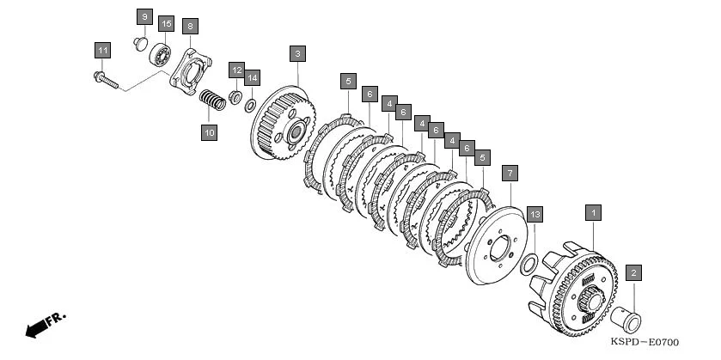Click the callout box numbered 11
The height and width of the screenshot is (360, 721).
[102, 50]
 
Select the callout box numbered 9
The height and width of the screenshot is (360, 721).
[144, 17]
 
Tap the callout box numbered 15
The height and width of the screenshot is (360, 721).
[166, 23]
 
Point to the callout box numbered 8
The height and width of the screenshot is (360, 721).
[190, 27]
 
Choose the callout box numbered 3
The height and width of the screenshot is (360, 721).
[297, 54]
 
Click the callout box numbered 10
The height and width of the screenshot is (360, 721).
[209, 133]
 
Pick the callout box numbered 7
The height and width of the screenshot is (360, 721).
[510, 174]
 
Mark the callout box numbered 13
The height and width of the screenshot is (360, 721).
[535, 214]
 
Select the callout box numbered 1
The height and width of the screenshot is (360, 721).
[593, 213]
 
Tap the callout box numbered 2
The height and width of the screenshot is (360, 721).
[633, 273]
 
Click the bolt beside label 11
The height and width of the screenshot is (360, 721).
[107, 81]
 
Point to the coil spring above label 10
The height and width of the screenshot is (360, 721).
[212, 100]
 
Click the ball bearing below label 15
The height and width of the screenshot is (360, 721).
[161, 55]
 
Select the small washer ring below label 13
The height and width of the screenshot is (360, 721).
[529, 265]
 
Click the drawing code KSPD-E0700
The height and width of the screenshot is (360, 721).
[645, 342]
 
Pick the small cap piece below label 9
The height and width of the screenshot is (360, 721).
[141, 44]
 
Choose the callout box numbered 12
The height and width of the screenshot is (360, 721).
[236, 70]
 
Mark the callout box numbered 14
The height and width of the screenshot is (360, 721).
[252, 77]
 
